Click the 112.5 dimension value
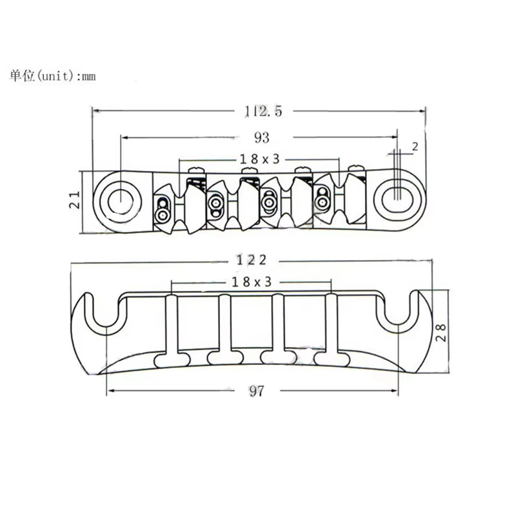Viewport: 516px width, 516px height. (x=263, y=111)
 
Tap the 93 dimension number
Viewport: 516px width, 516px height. (x=262, y=137)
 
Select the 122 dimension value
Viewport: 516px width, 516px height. (x=252, y=261)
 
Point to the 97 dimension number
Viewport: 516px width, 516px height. (x=257, y=391)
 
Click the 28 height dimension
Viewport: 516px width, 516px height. (x=441, y=333)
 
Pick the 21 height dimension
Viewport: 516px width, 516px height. (x=75, y=199)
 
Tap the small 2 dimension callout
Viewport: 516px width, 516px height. (x=415, y=146)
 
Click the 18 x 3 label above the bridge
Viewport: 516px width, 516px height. (x=260, y=159)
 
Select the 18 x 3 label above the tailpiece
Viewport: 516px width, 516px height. (x=252, y=282)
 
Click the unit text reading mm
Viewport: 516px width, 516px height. (x=89, y=77)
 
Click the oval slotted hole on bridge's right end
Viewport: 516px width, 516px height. (x=399, y=199)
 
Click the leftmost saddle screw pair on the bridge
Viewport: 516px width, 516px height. (x=163, y=210)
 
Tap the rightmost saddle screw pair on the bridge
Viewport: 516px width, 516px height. (x=321, y=198)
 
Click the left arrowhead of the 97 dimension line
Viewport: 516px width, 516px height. (x=111, y=391)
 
